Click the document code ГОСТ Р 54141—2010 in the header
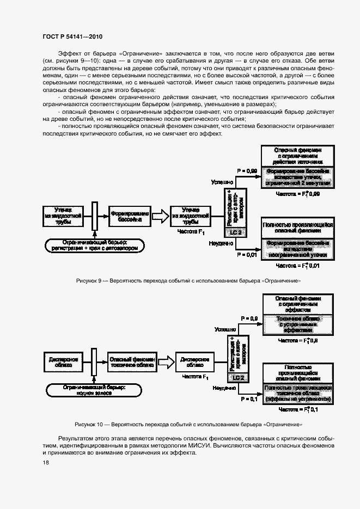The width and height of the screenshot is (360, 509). [72, 36]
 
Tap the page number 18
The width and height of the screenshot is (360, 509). [45, 462]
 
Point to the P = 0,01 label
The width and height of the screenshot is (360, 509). [247, 254]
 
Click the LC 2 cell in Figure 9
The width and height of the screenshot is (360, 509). [235, 232]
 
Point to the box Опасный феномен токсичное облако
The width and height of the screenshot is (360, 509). [132, 362]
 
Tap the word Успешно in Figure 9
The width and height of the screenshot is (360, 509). [223, 183]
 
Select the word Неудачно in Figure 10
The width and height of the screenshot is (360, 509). [224, 388]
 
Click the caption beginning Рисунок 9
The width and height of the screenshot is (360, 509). [188, 280]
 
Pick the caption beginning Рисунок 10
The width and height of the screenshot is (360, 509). [188, 424]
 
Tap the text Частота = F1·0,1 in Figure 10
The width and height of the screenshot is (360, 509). [298, 409]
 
